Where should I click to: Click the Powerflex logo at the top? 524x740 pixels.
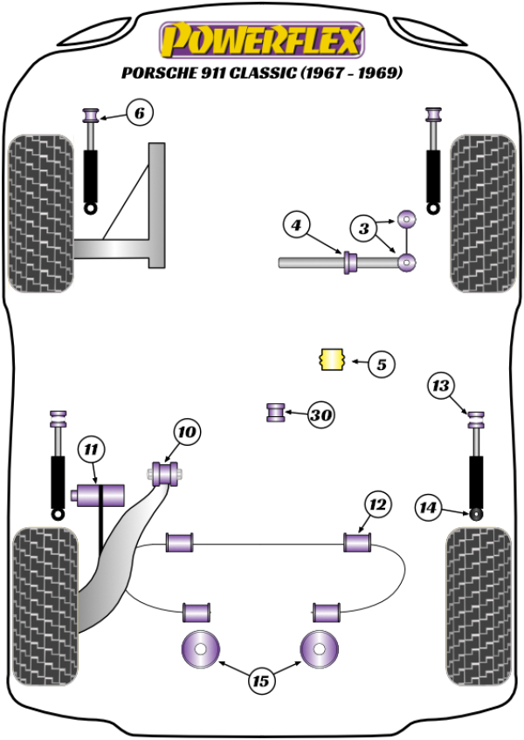coord(260,39)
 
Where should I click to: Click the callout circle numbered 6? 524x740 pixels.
coord(139,113)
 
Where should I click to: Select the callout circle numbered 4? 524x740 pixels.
coord(297,227)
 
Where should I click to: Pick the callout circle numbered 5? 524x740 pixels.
coord(381,363)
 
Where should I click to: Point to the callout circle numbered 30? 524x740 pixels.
coord(321,415)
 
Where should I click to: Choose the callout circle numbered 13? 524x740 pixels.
coord(442,385)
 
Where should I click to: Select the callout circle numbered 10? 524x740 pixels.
coord(187,431)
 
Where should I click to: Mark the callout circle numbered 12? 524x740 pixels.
coord(376,504)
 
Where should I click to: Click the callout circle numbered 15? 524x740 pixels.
coord(261,681)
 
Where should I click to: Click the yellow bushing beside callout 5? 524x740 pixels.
coord(330,359)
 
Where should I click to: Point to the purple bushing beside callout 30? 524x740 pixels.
coord(276,411)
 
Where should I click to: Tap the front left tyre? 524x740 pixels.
coord(40,213)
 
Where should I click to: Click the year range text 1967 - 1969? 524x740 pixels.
coord(351,73)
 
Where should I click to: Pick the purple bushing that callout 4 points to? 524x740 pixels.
coord(351,262)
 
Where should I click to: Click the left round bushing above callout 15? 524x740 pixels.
coord(200,648)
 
